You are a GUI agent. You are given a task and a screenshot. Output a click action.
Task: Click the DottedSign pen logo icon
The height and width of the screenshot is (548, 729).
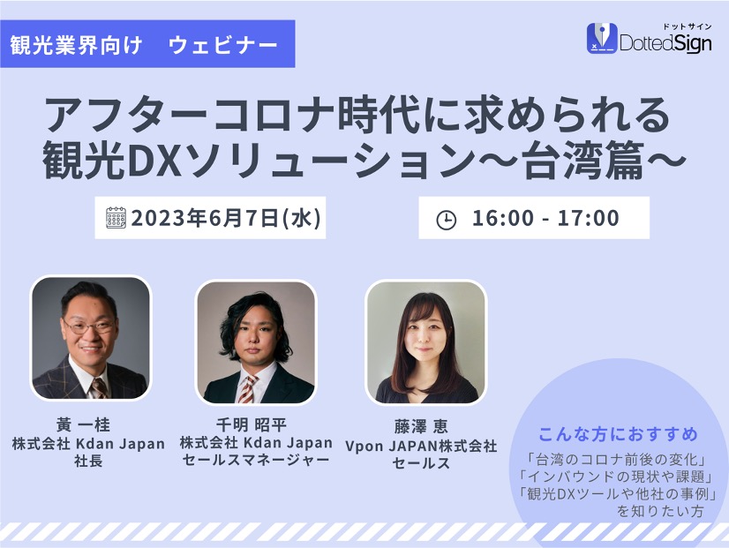(602, 38)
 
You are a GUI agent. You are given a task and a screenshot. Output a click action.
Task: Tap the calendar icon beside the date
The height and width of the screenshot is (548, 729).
(116, 218)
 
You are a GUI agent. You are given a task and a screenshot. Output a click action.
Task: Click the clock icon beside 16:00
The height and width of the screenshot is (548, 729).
(447, 220)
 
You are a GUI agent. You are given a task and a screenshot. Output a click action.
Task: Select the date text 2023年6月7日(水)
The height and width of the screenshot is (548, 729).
(226, 218)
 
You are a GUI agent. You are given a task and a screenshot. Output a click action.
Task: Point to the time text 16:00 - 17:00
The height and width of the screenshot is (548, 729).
(545, 218)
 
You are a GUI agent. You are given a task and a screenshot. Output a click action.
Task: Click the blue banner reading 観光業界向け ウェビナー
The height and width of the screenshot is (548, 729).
(147, 44)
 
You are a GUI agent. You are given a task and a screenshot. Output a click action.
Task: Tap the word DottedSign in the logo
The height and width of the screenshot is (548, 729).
(665, 43)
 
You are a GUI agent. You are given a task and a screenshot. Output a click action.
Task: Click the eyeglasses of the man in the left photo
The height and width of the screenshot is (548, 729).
(88, 327)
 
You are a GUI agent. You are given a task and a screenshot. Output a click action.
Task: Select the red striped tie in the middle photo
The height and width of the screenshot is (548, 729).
(248, 388)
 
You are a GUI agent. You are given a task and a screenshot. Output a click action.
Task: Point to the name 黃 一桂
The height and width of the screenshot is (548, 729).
(83, 424)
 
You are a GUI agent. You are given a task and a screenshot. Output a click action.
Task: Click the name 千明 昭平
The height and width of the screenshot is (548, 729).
(252, 424)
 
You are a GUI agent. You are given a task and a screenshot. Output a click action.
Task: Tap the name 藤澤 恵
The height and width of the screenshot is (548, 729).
(421, 426)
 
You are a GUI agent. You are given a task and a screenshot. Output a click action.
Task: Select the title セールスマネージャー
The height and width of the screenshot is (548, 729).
(256, 460)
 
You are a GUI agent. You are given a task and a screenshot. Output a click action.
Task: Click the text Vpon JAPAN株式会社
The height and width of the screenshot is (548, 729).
(421, 446)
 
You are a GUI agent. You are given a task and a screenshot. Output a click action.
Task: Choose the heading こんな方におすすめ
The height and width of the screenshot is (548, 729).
(618, 434)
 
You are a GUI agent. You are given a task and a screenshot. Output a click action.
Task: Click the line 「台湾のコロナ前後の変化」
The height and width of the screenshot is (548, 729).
(617, 460)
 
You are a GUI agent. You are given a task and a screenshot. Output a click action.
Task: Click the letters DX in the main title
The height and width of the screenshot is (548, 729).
(154, 161)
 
